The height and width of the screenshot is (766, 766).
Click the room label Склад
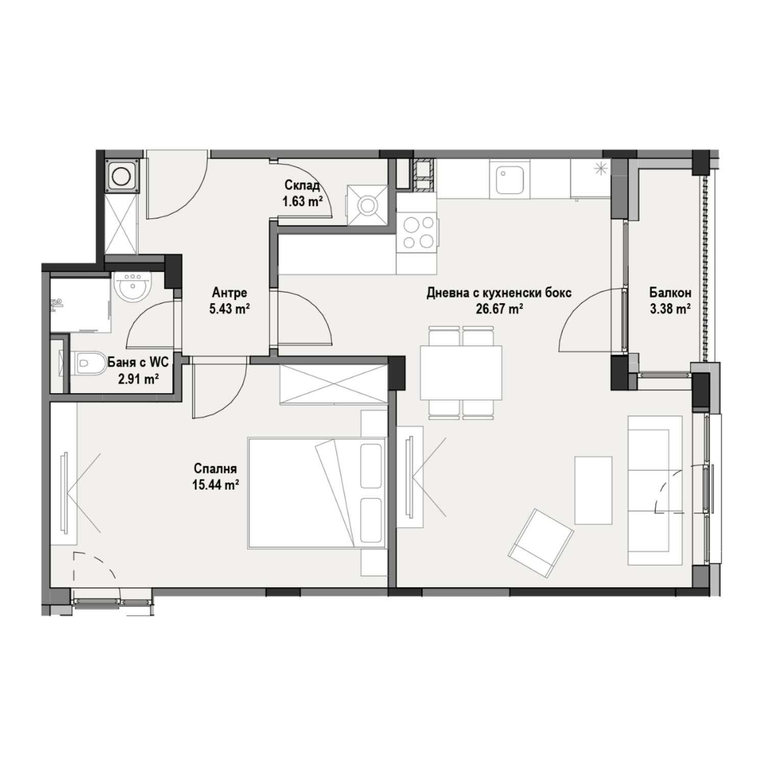point(302,185)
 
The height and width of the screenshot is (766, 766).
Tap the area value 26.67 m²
point(499,309)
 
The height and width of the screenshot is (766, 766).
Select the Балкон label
point(671,293)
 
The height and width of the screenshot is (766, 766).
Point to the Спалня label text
point(215,468)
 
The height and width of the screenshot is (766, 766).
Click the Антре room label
point(229,293)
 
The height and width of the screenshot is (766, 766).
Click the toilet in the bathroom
point(88,363)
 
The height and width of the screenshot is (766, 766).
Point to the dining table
point(461,373)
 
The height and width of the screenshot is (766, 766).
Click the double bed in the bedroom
point(317,492)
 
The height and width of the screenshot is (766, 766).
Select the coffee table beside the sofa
point(593,490)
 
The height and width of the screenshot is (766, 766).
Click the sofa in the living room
point(655,490)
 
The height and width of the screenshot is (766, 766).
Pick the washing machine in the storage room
point(366,205)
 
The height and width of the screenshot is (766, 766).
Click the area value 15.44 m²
point(215,485)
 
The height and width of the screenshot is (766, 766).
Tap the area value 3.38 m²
point(671,309)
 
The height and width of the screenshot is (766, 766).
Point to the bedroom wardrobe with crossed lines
point(334,384)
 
